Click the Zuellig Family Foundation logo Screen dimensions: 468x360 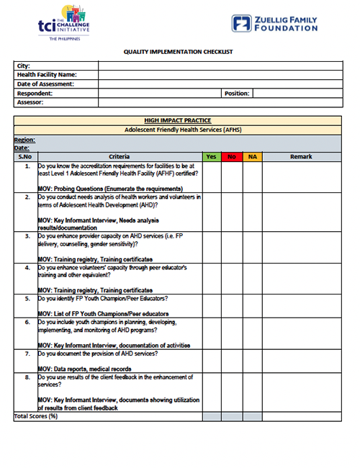pyautogui.click(x=274, y=23)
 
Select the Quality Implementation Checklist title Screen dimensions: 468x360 pyautogui.click(x=178, y=52)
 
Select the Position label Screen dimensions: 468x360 pyautogui.click(x=237, y=94)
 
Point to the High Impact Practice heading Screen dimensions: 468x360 pyautogui.click(x=177, y=120)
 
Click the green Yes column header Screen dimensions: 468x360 pyautogui.click(x=212, y=156)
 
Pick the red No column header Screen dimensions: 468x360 pyautogui.click(x=232, y=156)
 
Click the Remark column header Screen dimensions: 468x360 pyautogui.click(x=301, y=156)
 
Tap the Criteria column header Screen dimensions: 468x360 pyautogui.click(x=120, y=156)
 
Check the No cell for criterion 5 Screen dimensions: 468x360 pyautogui.click(x=232, y=306)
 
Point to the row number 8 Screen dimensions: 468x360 pyautogui.click(x=27, y=377)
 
